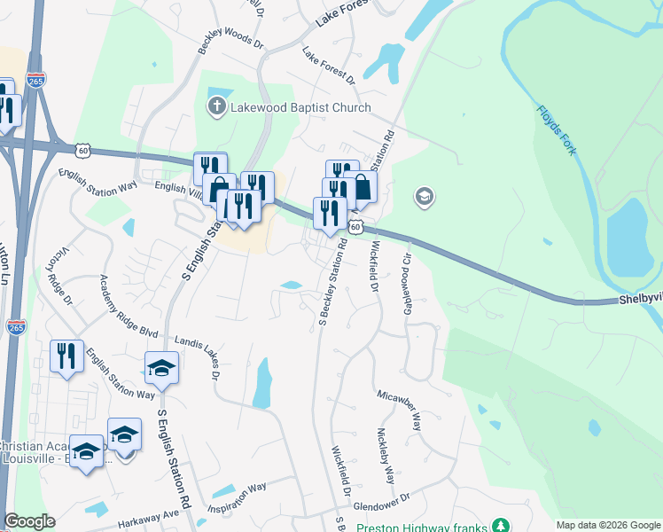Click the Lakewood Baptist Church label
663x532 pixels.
[300, 108]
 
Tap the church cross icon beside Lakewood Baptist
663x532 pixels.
[216, 108]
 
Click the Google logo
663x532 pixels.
[29, 521]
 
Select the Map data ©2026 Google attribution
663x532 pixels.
[608, 525]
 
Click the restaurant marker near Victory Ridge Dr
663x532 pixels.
[66, 356]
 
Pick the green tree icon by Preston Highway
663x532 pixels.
[502, 526]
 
